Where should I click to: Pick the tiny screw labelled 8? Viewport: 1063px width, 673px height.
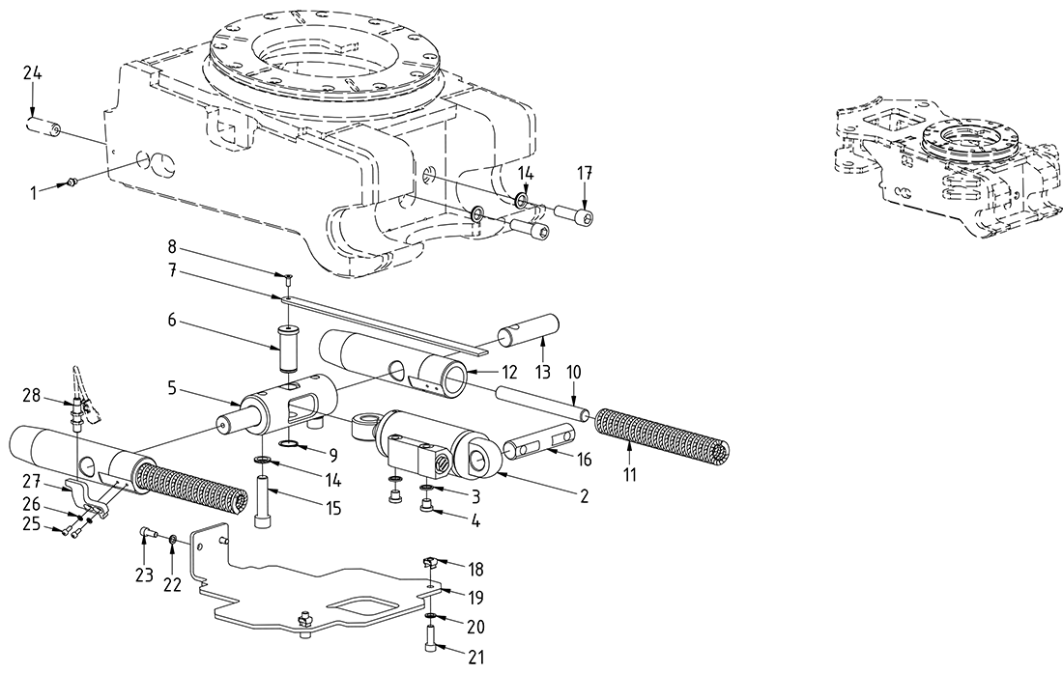289,278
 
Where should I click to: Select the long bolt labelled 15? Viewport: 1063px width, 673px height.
264,501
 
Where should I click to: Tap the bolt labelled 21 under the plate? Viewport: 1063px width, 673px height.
429,640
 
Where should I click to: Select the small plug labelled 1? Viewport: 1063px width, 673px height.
73,182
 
